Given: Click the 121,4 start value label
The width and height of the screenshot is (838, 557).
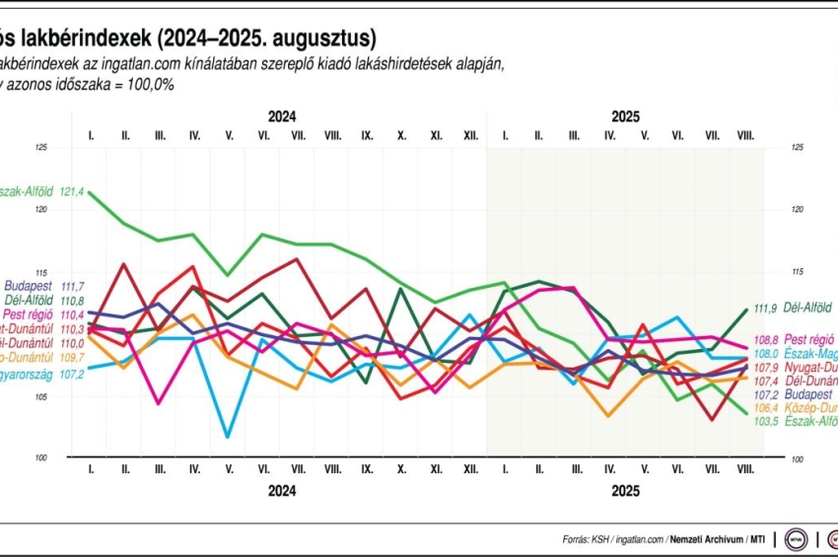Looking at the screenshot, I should pos(73,191).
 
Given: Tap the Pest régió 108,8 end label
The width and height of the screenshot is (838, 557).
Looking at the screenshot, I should pos(796,338).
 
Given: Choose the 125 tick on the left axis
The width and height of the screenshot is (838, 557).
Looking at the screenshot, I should pos(40,148).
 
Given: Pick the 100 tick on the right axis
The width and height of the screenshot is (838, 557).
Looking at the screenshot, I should pos(797,458).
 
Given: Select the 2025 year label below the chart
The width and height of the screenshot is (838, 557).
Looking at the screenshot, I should pos(625,490).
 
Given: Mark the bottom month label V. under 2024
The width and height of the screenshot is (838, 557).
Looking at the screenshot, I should pos(229,470).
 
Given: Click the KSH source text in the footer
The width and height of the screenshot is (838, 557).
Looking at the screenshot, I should pos(600,539).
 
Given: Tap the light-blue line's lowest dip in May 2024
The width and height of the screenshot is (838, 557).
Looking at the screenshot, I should pos(229,437).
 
